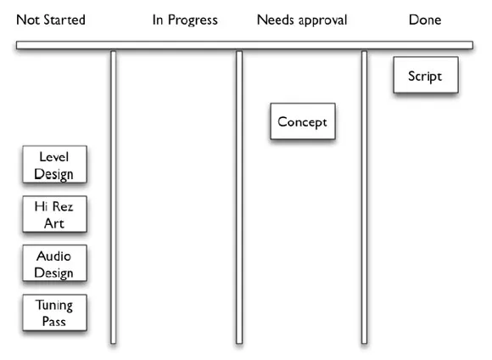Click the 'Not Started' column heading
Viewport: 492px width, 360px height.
click(x=51, y=20)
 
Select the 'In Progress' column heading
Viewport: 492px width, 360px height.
click(x=185, y=20)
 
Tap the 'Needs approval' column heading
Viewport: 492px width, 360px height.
click(x=302, y=20)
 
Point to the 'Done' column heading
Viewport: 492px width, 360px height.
click(x=425, y=20)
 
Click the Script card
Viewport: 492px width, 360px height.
click(x=426, y=75)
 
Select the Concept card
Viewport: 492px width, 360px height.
click(x=303, y=121)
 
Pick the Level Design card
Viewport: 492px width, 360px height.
click(x=54, y=165)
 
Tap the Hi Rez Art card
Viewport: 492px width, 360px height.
click(x=54, y=214)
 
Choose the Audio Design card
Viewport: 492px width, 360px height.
click(x=54, y=263)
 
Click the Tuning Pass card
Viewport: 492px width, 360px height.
click(x=54, y=312)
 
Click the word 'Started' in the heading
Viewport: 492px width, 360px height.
click(x=64, y=20)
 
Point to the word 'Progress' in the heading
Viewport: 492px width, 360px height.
click(x=193, y=20)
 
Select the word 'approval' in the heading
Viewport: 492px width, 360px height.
click(x=323, y=20)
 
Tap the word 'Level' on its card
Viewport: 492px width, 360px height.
click(x=54, y=157)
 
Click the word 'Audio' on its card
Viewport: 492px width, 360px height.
click(x=53, y=256)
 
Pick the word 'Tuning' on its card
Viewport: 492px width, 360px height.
click(x=54, y=306)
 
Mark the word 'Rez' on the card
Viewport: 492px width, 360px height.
click(x=63, y=206)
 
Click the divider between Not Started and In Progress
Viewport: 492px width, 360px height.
click(x=114, y=197)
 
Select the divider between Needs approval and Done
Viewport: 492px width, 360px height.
click(x=364, y=197)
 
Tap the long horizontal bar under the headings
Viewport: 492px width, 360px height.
click(x=245, y=45)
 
